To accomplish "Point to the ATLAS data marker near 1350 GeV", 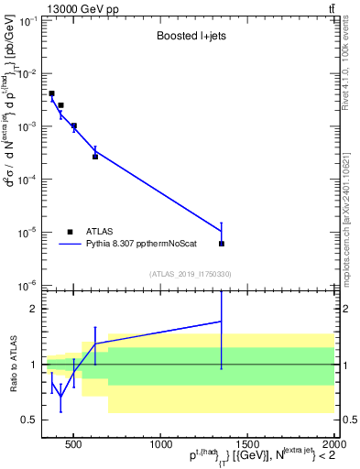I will tap(222, 244).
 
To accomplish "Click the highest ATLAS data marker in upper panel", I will tap(52, 93).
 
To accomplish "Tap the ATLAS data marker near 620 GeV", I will tap(95, 157).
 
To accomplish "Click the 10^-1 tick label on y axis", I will tap(26, 20).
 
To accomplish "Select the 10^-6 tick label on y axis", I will tap(26, 286).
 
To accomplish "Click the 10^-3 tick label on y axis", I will tap(26, 126).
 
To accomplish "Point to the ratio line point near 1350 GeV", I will tap(222, 322).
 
